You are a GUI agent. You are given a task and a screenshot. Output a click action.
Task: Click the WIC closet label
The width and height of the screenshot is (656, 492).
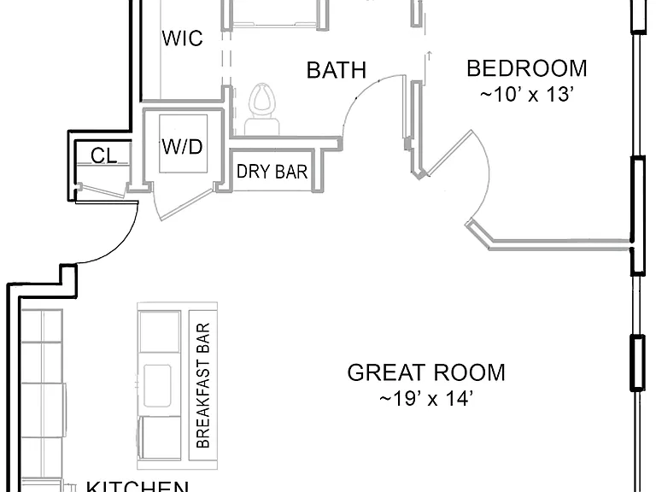pos(183,38)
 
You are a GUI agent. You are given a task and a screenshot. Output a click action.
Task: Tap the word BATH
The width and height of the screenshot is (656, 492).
pos(337,70)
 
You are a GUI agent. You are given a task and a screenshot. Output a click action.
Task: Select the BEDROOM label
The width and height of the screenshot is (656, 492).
pos(527,68)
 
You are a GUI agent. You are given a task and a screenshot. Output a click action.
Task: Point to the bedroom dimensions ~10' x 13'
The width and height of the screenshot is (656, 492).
pos(526,95)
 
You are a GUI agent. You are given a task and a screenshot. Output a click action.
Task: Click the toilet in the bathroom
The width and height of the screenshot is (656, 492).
pos(263,108)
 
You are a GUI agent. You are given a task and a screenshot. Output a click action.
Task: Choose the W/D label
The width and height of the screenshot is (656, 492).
pos(183,146)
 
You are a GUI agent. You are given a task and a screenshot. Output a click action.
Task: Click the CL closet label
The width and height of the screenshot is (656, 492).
pos(103,155)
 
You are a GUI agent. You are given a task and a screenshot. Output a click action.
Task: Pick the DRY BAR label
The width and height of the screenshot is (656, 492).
pos(272,172)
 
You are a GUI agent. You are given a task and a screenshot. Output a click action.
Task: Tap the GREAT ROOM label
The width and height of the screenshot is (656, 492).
pos(426,372)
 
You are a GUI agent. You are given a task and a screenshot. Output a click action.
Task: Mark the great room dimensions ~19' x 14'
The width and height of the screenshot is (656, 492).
pos(426,398)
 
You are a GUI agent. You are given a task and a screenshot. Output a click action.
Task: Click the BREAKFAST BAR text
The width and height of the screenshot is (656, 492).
pos(203,385)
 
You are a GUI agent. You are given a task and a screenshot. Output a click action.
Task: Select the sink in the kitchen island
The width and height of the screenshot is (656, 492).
pos(157,385)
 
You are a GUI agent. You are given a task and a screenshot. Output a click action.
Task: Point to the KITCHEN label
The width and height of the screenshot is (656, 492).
pos(138,486)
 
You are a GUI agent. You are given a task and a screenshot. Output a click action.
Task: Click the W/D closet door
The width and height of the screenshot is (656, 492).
pos(187,205)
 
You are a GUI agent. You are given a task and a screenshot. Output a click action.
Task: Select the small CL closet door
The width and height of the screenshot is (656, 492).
pos(102,190)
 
